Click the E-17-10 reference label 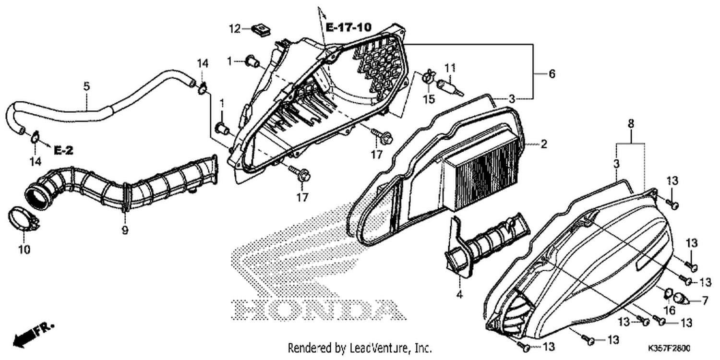click(x=348, y=27)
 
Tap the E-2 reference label click(x=63, y=150)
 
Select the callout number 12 click(x=235, y=29)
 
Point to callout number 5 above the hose click(x=86, y=86)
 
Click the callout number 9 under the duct click(x=125, y=230)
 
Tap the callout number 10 click(x=24, y=250)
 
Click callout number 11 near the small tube click(x=450, y=68)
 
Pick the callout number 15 click(x=429, y=99)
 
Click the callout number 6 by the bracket click(x=552, y=74)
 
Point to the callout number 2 click(x=543, y=144)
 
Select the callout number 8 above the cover click(x=631, y=124)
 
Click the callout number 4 click(x=459, y=294)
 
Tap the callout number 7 click(x=705, y=301)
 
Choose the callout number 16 click(x=670, y=311)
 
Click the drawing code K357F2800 click(x=669, y=348)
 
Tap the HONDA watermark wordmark click(x=319, y=310)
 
